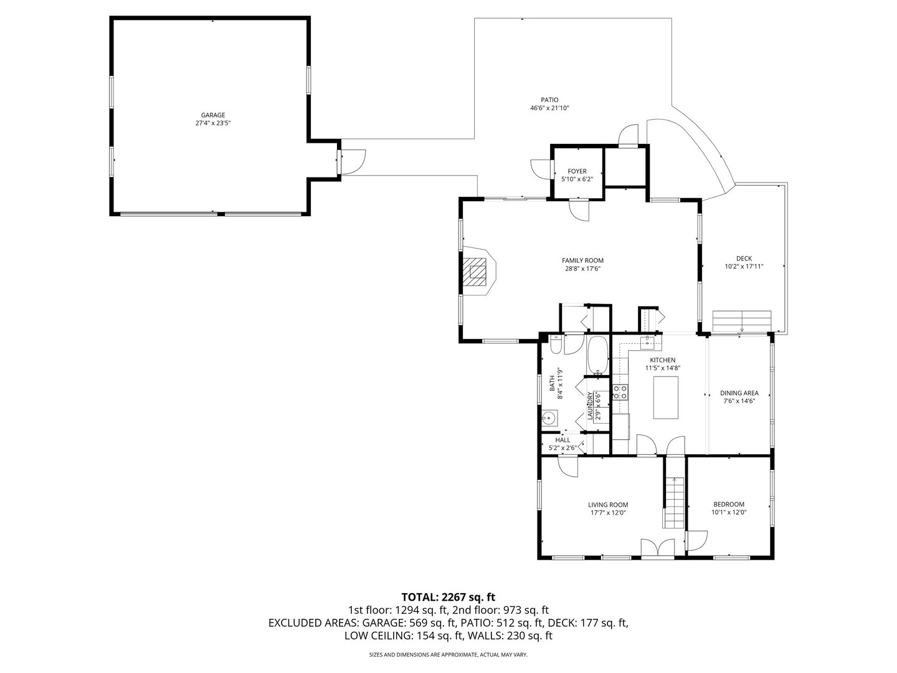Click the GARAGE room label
(x=212, y=115)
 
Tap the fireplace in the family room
(x=478, y=272)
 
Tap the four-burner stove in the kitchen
(x=620, y=392)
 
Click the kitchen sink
(x=649, y=341)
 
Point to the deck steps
(x=743, y=320)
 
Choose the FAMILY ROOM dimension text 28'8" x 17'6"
(x=582, y=269)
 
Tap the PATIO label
(x=549, y=100)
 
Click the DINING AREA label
(x=739, y=393)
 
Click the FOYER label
(x=577, y=171)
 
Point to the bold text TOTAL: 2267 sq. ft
(x=448, y=597)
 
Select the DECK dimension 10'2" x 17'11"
(x=744, y=266)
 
